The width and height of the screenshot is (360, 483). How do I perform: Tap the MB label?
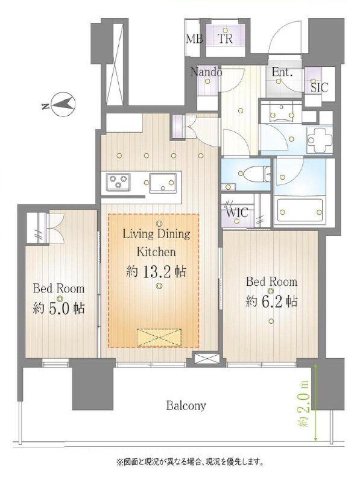tap(195, 39)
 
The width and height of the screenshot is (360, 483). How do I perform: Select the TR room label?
tap(225, 39)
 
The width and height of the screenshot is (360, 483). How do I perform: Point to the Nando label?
tap(206, 72)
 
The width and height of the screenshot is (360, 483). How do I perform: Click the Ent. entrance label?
tap(282, 72)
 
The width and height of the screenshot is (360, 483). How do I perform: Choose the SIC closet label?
tap(320, 88)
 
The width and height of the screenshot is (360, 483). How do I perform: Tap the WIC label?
tap(237, 212)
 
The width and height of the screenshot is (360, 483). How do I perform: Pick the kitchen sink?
tap(163, 183)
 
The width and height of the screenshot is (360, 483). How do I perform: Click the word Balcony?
tap(186, 405)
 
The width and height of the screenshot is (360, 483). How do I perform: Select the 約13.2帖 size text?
tap(156, 272)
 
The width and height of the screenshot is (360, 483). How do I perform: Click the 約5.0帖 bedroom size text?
tap(58, 308)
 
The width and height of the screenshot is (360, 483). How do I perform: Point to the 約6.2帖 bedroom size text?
tap(271, 301)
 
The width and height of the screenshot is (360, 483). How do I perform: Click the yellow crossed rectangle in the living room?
tap(159, 337)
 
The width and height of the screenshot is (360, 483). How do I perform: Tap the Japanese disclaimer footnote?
tap(189, 462)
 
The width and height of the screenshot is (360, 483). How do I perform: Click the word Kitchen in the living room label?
tap(156, 251)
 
